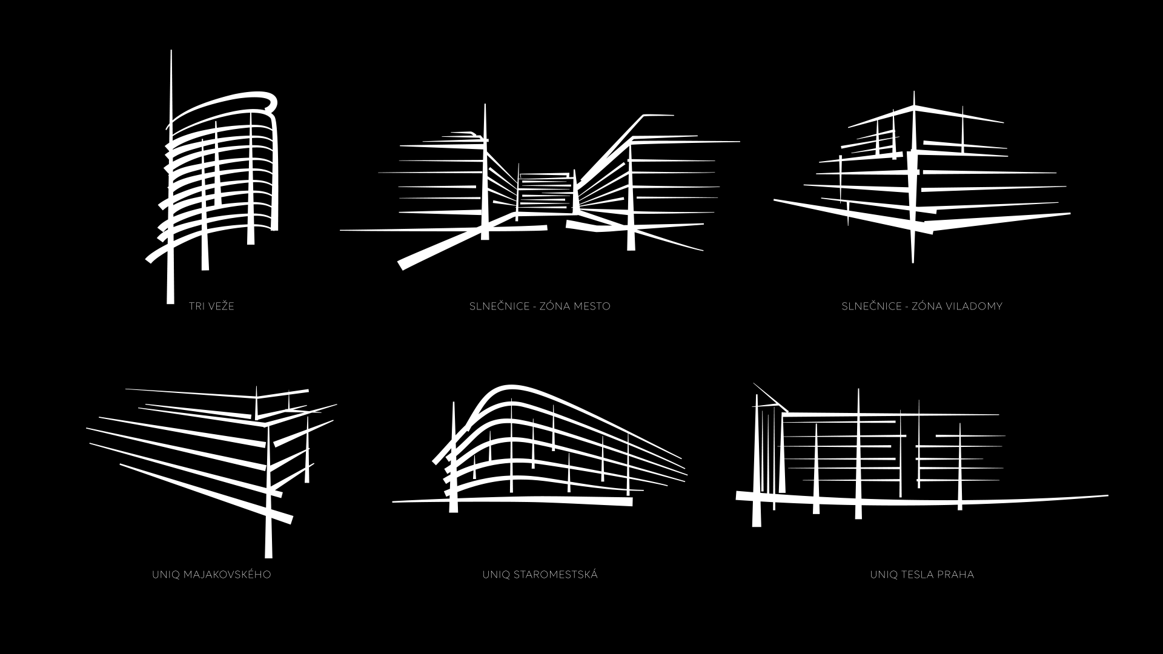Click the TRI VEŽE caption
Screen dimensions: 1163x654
211,306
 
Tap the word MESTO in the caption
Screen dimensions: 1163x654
591,306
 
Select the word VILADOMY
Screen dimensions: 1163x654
973,306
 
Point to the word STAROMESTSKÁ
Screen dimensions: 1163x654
555,574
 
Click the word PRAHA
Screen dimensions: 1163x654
958,574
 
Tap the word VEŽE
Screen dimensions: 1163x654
221,306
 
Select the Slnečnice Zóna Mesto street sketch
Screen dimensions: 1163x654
539,188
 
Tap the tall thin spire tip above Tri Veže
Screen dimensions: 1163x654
171,51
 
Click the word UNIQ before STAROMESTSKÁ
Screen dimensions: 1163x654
496,574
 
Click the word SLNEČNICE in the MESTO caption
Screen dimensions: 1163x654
499,306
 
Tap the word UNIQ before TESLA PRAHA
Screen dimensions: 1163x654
884,574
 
